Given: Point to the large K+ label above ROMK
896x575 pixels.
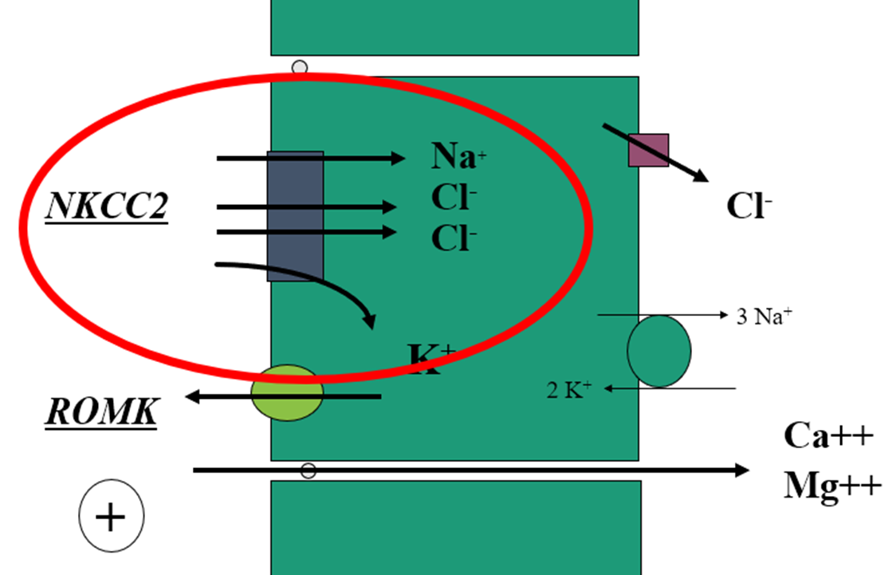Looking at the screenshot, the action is (x=431, y=359).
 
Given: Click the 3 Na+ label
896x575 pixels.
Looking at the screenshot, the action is (x=764, y=316).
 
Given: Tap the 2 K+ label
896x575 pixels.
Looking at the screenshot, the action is (x=569, y=390).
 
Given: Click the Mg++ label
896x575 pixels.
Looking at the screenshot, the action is (x=832, y=485).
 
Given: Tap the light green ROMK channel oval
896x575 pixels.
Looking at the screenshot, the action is (x=287, y=392).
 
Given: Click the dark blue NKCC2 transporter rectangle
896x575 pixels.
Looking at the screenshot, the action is (x=295, y=216).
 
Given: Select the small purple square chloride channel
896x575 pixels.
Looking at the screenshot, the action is (x=648, y=150).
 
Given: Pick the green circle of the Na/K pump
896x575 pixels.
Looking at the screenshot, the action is (x=658, y=352).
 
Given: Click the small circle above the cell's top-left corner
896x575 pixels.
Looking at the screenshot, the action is (x=300, y=68).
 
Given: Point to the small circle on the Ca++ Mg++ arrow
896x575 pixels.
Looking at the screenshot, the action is (x=308, y=471).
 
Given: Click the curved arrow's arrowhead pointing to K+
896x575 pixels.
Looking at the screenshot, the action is (x=369, y=322).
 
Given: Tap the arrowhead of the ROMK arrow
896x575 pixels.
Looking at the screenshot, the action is (x=192, y=396).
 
